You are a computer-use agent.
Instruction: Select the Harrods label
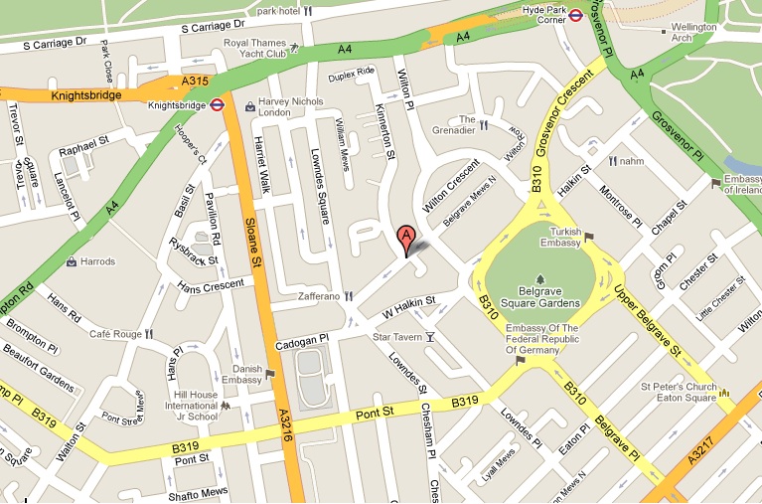click(x=98, y=262)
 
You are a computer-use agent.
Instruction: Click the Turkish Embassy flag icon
click(x=587, y=238)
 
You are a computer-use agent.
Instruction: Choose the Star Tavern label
click(x=392, y=338)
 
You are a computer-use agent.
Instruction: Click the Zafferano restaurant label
click(x=319, y=296)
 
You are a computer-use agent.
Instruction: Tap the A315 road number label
click(x=195, y=82)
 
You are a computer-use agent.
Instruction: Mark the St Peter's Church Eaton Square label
click(x=678, y=393)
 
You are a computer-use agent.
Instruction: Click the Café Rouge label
click(x=111, y=335)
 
